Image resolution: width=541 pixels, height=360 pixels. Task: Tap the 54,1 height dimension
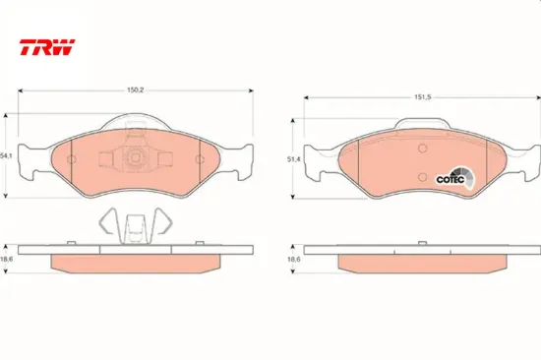(x=8, y=155)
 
